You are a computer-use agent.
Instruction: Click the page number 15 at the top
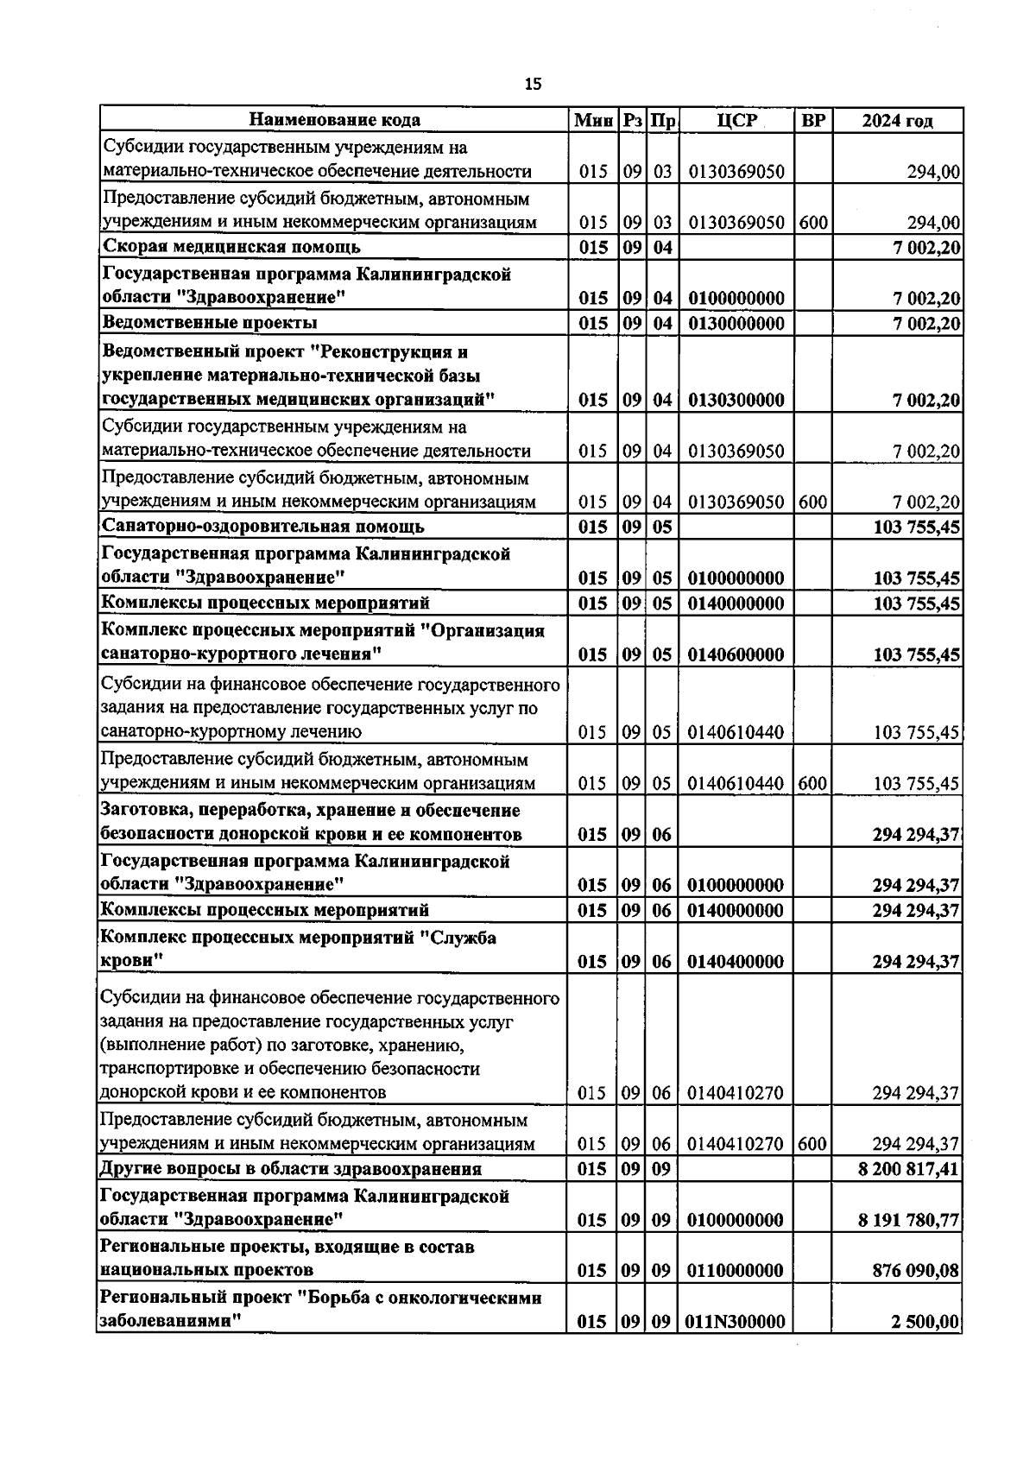click(x=533, y=84)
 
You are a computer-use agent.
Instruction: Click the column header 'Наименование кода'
click(x=335, y=120)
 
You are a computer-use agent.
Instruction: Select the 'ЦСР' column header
click(x=736, y=120)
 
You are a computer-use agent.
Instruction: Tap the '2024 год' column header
click(x=897, y=121)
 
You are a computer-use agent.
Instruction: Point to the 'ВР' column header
click(x=812, y=120)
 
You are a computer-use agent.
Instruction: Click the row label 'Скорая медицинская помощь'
click(x=231, y=248)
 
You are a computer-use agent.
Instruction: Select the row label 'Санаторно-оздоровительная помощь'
click(x=262, y=527)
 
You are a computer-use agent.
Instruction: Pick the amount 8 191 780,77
click(x=909, y=1220)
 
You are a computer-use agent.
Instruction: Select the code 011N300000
click(x=736, y=1322)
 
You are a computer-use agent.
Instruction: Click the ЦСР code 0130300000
click(x=736, y=401)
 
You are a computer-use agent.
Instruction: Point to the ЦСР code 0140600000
click(x=736, y=654)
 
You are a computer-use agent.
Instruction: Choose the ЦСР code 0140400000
click(x=736, y=962)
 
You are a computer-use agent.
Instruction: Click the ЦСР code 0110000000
click(x=736, y=1271)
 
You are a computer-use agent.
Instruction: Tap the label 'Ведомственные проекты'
click(x=210, y=323)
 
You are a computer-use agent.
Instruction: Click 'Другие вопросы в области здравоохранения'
click(x=291, y=1170)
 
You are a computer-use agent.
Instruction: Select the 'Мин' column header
click(x=593, y=120)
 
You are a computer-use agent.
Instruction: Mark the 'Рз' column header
click(x=633, y=120)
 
